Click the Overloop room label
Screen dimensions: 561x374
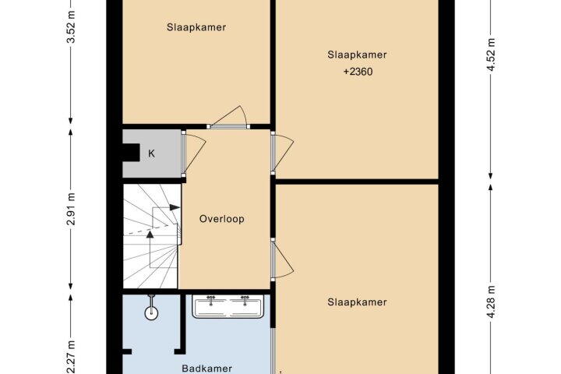[222, 219]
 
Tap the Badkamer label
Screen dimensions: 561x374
[206, 369]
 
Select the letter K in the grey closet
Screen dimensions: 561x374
[151, 153]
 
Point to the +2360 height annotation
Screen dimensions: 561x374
[358, 72]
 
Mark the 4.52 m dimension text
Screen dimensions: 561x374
[491, 55]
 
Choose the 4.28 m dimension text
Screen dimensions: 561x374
[491, 302]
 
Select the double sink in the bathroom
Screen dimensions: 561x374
[228, 306]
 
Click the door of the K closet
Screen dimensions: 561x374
[193, 153]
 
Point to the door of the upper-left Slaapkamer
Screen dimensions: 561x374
[228, 117]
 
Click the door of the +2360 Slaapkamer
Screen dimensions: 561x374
[282, 152]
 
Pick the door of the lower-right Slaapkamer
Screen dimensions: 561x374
[282, 259]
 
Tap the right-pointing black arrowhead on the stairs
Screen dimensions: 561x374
[175, 207]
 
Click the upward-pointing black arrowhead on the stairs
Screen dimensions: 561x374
[150, 234]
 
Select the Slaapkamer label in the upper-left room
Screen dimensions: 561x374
[196, 27]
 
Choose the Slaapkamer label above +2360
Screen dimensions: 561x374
[357, 55]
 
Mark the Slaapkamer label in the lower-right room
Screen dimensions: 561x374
[357, 302]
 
